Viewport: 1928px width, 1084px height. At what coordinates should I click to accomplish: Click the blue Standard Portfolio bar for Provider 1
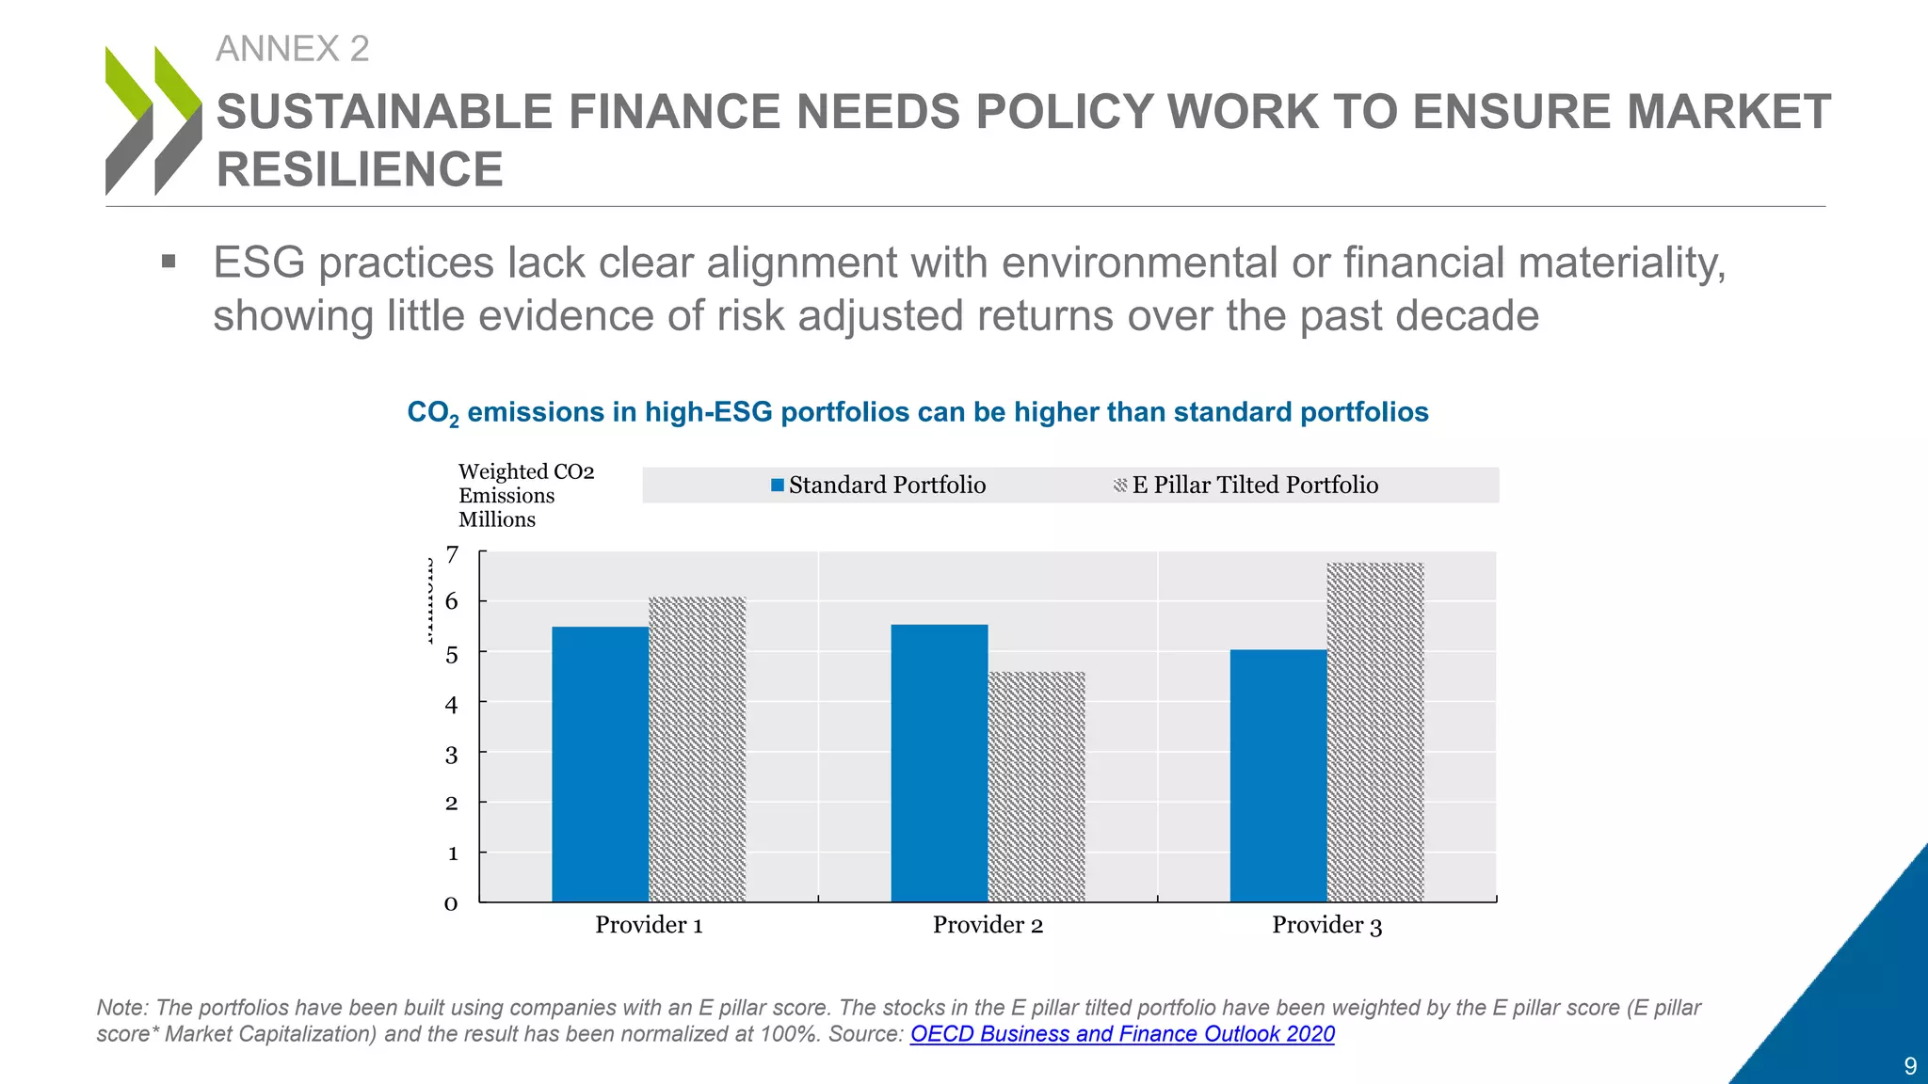(600, 764)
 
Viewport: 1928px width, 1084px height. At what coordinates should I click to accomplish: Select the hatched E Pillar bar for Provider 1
(697, 749)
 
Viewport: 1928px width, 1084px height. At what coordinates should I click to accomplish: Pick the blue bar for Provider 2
(939, 763)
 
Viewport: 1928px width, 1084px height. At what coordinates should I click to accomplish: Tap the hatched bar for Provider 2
(1036, 787)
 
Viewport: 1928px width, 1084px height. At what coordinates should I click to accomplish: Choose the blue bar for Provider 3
(1277, 775)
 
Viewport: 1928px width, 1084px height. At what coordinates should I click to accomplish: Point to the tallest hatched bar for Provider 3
(1374, 732)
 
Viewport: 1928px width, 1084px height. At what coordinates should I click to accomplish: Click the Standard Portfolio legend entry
(878, 486)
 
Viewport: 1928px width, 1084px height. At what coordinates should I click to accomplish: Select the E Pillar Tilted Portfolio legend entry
(1245, 486)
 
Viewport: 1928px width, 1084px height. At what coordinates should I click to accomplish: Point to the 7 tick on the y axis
(453, 555)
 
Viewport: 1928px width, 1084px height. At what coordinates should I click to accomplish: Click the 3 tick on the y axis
(452, 755)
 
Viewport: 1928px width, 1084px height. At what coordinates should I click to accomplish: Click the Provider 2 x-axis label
(988, 925)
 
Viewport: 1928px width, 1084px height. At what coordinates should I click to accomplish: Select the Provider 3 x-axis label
(1326, 925)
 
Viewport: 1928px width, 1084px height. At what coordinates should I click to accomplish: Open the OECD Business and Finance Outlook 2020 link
(1122, 1034)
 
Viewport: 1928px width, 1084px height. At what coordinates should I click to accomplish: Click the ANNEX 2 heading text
(292, 49)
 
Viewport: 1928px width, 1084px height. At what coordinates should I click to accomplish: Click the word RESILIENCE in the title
(360, 170)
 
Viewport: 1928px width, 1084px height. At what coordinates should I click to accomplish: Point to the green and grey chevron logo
(153, 120)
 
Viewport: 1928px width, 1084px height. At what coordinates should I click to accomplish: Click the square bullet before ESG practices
(169, 262)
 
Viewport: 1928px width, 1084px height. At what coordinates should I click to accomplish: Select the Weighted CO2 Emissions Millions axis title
(525, 496)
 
